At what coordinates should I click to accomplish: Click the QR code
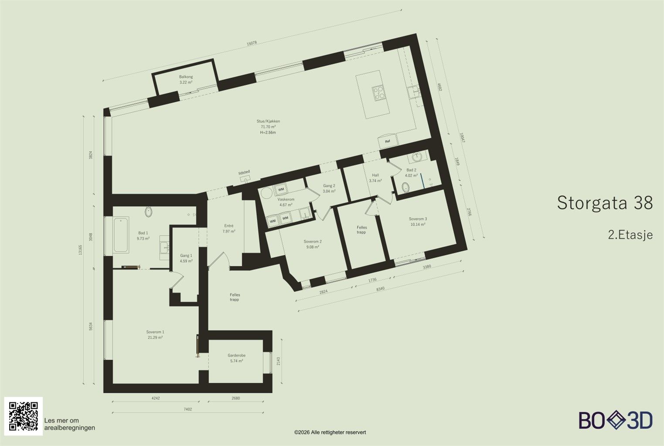(24, 416)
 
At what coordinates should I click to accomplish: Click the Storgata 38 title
(605, 203)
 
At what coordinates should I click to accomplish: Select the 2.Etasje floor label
(630, 235)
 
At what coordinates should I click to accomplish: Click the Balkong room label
(186, 77)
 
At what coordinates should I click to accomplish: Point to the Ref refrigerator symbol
(388, 142)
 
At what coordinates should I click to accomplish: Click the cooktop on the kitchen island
(379, 93)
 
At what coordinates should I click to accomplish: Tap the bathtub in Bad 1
(121, 235)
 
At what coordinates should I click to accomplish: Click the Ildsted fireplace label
(244, 172)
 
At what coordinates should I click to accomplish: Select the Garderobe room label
(237, 355)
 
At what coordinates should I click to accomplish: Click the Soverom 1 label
(155, 332)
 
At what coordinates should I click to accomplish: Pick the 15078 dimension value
(252, 43)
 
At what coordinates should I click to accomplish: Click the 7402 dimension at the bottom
(188, 409)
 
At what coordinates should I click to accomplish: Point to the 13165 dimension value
(80, 250)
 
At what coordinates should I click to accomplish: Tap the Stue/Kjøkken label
(268, 121)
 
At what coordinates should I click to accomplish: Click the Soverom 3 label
(418, 219)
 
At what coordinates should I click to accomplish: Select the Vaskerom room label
(286, 199)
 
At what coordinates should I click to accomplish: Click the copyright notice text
(330, 432)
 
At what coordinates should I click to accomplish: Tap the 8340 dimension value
(380, 289)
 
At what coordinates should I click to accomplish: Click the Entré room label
(229, 226)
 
